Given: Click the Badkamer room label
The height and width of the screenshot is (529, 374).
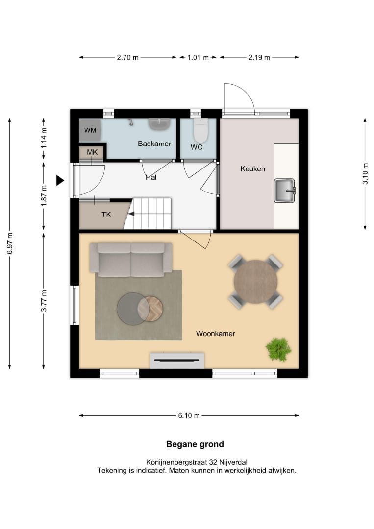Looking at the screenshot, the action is point(154,144).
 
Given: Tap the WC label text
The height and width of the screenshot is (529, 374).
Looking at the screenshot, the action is point(197,147).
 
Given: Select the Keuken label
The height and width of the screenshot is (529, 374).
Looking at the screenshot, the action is point(252,168).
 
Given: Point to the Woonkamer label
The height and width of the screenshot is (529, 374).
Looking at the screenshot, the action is point(215,334).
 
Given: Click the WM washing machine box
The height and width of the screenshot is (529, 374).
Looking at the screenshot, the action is point(90,130).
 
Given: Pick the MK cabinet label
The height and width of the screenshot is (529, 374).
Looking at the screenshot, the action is point(92,152).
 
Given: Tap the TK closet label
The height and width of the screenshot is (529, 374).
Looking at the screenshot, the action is point(106,214).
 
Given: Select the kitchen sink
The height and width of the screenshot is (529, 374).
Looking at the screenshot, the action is point(285,191).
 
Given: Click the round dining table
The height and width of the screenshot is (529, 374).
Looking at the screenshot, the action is point(255,282).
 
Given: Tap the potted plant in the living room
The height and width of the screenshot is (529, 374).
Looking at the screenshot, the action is point(278,350).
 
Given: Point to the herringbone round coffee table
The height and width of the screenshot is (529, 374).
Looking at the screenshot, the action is point(150,309).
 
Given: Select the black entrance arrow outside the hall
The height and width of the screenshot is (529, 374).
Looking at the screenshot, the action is point(60,180).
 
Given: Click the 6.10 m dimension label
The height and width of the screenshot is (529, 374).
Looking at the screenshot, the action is point(189,416).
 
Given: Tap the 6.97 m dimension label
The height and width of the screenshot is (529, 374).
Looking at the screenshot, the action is point(10,243).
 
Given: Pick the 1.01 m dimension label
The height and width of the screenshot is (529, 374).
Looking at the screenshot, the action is point(198,58).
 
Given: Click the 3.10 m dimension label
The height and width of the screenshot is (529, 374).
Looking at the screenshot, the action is point(365,174).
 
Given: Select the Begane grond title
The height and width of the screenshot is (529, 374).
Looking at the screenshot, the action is point(195,444).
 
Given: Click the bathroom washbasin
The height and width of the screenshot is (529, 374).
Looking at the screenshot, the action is point(159,124).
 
